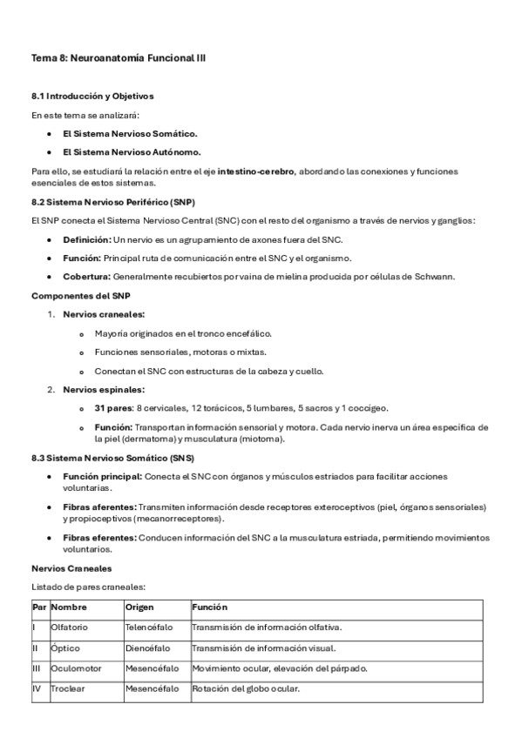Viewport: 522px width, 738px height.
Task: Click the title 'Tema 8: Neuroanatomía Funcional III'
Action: tap(119, 57)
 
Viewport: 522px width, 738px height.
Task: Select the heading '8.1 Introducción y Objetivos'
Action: tap(92, 96)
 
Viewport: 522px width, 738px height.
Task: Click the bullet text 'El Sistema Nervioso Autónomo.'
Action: tap(130, 152)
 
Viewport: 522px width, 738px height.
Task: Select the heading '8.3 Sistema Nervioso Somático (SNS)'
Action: tap(112, 458)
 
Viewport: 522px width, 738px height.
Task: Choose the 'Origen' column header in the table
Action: tap(139, 607)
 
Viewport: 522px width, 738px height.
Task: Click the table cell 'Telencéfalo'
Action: tap(148, 627)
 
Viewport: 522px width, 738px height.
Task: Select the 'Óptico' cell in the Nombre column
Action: tap(65, 647)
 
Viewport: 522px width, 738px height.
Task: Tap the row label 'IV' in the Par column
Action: tap(36, 689)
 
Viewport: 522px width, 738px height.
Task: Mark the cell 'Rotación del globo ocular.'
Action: tap(246, 689)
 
